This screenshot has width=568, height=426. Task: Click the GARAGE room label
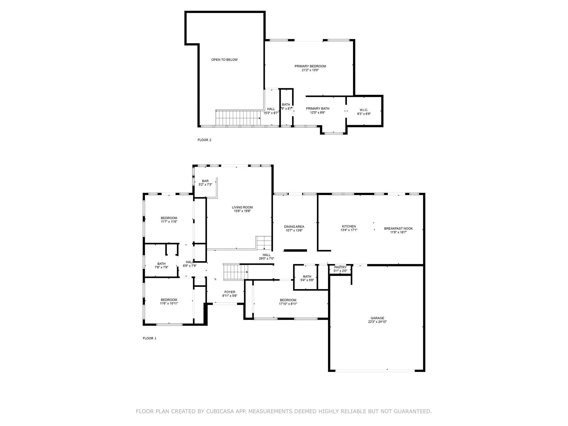point(377,318)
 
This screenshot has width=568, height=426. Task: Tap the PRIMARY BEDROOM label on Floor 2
point(310,66)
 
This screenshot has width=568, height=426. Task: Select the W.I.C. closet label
point(364,110)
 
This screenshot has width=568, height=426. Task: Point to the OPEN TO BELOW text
point(224,60)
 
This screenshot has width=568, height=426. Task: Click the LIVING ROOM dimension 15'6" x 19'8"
point(242,211)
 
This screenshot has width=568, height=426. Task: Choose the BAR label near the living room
point(205,181)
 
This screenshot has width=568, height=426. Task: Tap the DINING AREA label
point(294,227)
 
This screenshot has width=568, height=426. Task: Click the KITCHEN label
point(349,226)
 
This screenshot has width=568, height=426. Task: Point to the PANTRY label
point(340,267)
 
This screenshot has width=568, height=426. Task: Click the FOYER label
point(230,292)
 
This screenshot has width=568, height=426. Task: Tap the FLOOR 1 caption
point(149,338)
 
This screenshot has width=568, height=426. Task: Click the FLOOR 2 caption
point(204,140)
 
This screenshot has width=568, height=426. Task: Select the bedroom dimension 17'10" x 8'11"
point(288,304)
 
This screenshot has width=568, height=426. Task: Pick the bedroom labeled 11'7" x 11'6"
point(169,220)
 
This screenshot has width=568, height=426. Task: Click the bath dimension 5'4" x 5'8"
point(307,280)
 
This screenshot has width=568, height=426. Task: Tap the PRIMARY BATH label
point(317,109)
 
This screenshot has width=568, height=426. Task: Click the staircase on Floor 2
point(238,118)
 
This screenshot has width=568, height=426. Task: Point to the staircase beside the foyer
point(235,272)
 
